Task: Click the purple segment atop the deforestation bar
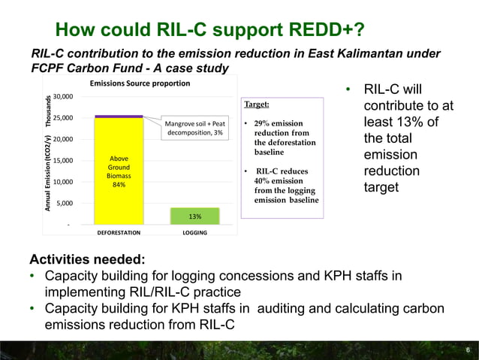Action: pos(119,116)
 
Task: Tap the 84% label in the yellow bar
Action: pos(119,185)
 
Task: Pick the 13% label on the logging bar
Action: pos(195,216)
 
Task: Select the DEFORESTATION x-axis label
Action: pos(119,234)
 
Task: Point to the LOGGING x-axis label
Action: pos(195,234)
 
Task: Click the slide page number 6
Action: pos(467,350)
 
